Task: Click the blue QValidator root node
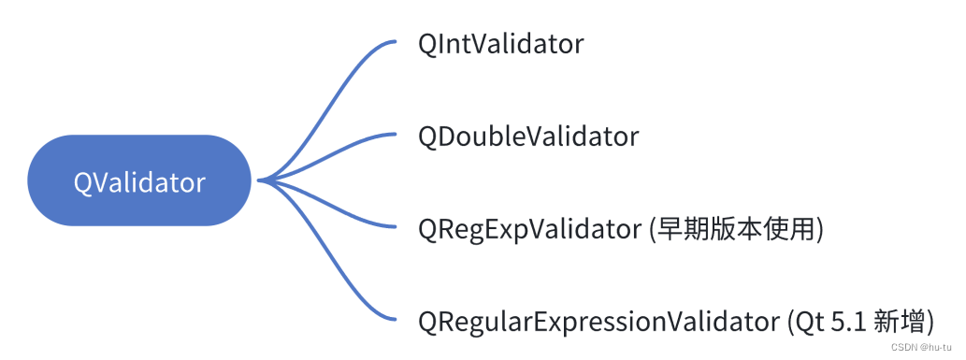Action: [x=139, y=180]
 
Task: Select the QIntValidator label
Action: [x=501, y=44]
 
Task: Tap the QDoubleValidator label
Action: [x=528, y=137]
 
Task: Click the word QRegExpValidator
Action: [x=530, y=229]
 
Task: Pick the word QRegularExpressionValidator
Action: [x=597, y=322]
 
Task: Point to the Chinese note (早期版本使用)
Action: [x=737, y=229]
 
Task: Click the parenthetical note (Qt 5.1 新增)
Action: [x=858, y=322]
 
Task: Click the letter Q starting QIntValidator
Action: [x=428, y=44]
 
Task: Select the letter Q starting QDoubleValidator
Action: [x=428, y=137]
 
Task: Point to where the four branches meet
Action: [x=259, y=180]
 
